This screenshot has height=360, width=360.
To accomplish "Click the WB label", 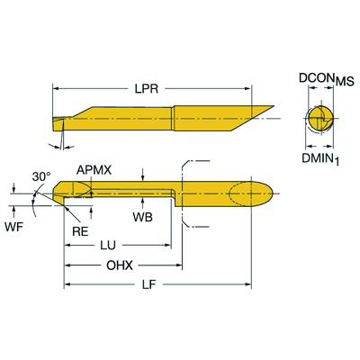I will click(142, 219).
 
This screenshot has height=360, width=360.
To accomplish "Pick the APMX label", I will click(93, 169).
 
